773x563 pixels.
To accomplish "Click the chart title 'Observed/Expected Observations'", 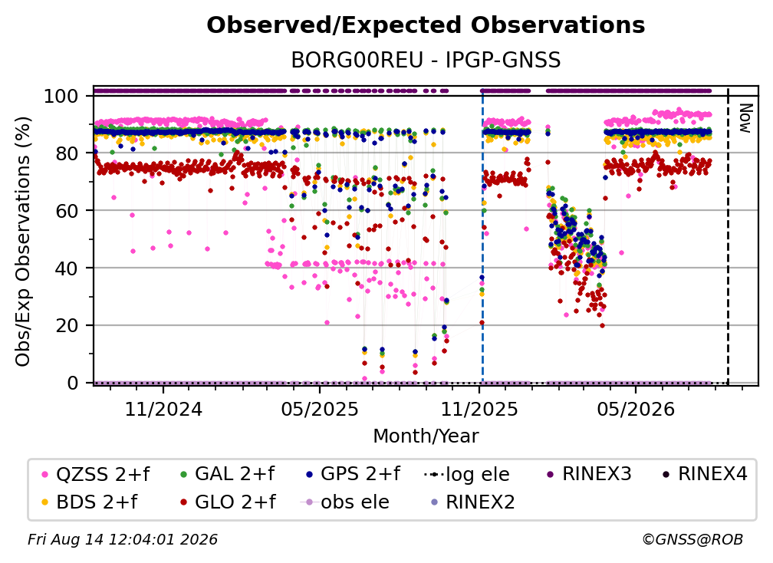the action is point(426,25).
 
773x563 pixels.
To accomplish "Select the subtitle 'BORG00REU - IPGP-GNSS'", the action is point(426,61).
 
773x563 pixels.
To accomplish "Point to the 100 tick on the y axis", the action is point(61,96).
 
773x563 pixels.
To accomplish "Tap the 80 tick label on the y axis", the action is point(67,153).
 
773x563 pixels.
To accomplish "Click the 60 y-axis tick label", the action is point(67,210).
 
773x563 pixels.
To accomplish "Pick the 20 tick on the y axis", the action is point(67,325).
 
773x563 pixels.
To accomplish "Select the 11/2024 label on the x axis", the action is point(163,409).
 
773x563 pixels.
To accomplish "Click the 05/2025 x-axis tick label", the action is point(320,409).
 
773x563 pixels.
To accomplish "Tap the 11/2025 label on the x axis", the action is point(479,409).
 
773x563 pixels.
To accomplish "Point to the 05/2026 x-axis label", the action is point(636,409).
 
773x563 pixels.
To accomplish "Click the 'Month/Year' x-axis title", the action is point(426,436).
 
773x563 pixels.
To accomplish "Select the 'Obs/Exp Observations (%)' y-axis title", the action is point(23,241).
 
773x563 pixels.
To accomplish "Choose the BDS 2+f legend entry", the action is point(90,502).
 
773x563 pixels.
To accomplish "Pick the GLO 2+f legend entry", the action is point(229,502).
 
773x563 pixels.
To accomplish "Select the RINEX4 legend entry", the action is point(705,474).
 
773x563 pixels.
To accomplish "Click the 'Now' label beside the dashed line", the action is point(745,118).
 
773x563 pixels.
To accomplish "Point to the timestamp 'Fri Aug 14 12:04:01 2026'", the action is point(123,540).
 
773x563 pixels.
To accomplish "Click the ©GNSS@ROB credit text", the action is point(692,540).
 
